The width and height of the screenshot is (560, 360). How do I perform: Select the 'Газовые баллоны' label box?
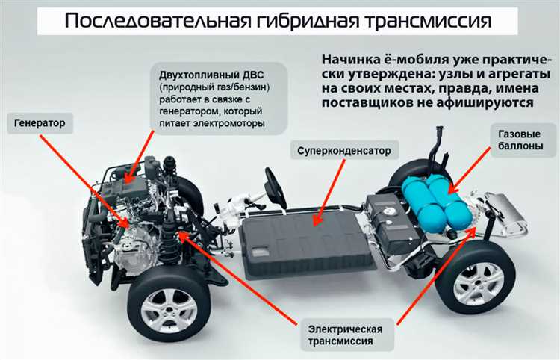tap(516, 140)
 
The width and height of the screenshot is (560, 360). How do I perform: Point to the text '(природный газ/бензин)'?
tap(214, 87)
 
